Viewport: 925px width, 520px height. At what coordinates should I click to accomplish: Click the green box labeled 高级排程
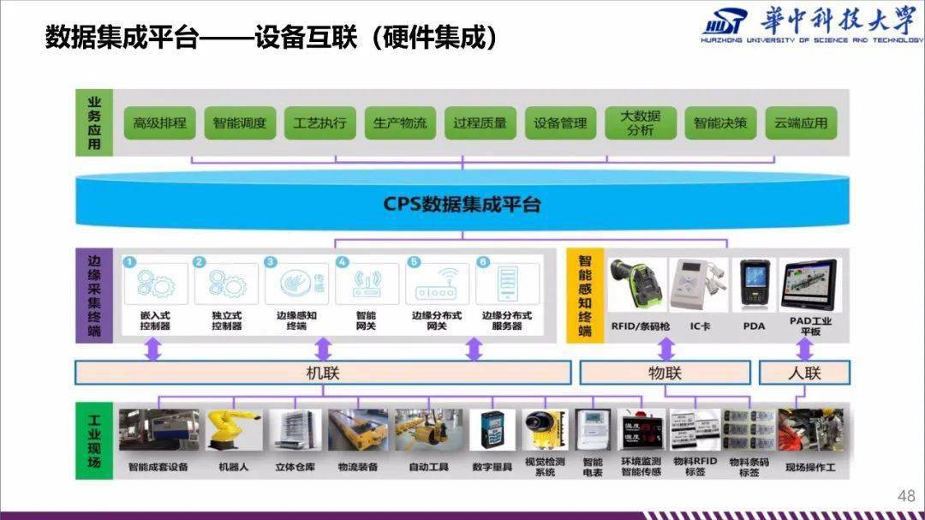pos(159,123)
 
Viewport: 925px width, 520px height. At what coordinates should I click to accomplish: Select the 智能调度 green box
pos(240,123)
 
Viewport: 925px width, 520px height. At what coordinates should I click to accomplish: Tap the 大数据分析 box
pos(640,123)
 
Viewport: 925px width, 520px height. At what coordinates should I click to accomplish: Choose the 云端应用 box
pos(801,123)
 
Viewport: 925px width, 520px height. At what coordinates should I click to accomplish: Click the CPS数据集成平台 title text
pos(462,206)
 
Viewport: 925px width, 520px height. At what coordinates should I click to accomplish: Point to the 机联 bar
pos(323,373)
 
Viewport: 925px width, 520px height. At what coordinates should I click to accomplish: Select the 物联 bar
pos(665,373)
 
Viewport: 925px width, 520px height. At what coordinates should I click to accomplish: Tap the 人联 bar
pos(803,373)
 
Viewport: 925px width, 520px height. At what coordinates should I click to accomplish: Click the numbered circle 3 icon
pos(271,261)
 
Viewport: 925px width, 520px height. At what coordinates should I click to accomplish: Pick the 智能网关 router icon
pos(366,284)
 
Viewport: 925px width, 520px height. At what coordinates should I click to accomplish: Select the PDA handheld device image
pos(753,284)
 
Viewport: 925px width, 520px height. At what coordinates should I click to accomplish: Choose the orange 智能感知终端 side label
pos(585,295)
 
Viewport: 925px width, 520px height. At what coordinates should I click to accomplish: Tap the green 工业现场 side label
pos(94,437)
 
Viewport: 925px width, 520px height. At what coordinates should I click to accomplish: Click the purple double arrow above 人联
pos(804,350)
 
